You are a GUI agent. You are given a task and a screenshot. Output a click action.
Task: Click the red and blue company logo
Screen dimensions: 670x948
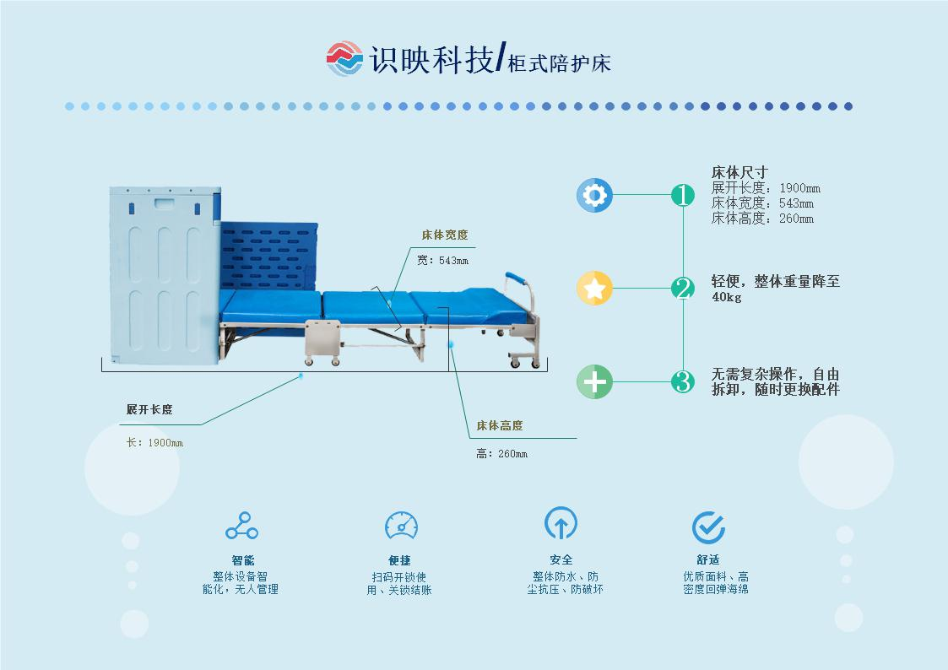pos(344,58)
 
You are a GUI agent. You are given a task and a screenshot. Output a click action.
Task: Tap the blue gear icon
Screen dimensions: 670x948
pos(594,196)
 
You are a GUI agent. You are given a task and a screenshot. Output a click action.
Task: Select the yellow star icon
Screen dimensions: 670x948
pos(594,289)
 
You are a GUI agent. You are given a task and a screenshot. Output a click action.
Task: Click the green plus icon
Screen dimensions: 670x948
pos(594,381)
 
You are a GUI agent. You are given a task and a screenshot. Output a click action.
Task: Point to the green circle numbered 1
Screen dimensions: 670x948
pos(682,196)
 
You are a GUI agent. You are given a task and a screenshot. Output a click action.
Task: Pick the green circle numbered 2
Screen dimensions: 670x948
pos(682,289)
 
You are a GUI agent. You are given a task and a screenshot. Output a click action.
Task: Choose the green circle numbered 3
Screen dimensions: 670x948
pos(682,381)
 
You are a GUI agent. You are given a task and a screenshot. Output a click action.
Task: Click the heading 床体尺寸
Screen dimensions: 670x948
pos(739,173)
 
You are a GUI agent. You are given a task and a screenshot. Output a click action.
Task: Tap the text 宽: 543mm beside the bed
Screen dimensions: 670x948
pos(442,261)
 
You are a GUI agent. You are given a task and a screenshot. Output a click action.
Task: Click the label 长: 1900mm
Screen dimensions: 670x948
pos(154,443)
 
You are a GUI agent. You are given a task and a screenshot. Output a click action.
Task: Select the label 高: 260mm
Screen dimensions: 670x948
pos(501,454)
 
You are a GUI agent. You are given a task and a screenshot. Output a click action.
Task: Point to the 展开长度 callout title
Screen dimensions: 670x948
pos(149,410)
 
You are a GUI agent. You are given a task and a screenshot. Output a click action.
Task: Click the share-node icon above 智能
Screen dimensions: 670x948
pos(241,526)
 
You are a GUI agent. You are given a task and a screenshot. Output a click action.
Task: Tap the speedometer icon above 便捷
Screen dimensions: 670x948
pos(401,525)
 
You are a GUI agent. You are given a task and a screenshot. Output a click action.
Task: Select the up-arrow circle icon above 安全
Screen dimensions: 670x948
pos(561,524)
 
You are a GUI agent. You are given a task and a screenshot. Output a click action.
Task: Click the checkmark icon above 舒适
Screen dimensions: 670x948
pos(708,527)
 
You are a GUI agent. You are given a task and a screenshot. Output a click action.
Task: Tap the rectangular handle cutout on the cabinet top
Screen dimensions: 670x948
pos(165,203)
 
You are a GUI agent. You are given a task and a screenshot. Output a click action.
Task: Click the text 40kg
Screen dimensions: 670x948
pos(726,298)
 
